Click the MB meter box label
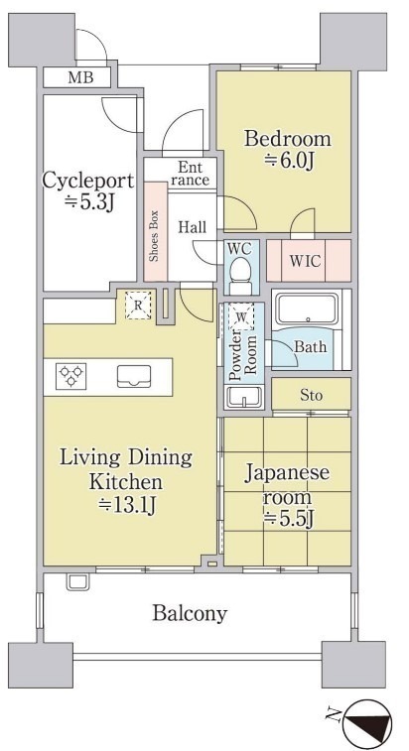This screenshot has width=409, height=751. (x=80, y=77)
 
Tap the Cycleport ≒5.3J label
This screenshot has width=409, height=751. (x=88, y=191)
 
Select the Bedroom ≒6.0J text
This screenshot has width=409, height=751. (x=287, y=150)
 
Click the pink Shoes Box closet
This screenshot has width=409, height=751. (x=156, y=231)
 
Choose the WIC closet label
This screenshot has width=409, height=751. (x=305, y=261)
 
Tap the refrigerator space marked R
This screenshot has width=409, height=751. (x=138, y=306)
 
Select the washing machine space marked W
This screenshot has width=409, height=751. (x=241, y=316)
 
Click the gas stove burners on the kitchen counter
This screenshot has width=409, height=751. (x=70, y=376)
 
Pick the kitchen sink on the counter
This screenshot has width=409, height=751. (x=134, y=376)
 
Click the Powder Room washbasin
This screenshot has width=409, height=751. (x=244, y=398)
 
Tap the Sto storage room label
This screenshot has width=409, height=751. (x=311, y=396)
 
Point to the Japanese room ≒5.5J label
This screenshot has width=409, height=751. (x=287, y=496)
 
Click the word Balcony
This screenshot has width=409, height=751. (x=190, y=613)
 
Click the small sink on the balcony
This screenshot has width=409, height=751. (x=77, y=582)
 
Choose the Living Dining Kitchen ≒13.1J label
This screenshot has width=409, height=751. (x=126, y=481)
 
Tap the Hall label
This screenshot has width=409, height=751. (x=193, y=227)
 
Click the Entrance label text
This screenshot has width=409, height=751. (x=191, y=174)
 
